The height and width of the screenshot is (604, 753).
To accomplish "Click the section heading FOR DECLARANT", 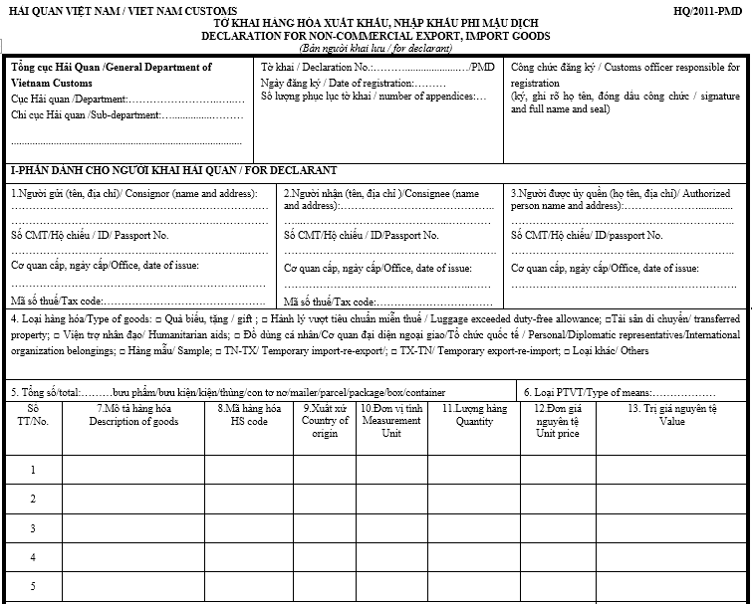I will pyautogui.click(x=172, y=170).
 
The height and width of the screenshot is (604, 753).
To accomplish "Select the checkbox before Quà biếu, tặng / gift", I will pyautogui.click(x=158, y=318).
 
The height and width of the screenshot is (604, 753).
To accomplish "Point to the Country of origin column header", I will pyautogui.click(x=325, y=421).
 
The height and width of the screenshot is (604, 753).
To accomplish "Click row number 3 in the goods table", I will pyautogui.click(x=33, y=528).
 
